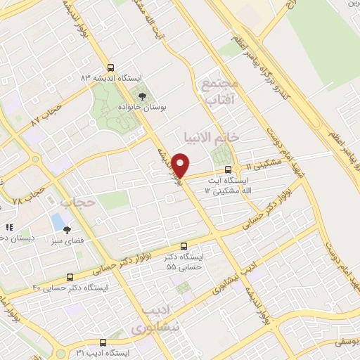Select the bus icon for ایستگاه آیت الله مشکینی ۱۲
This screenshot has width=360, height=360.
[x=228, y=169]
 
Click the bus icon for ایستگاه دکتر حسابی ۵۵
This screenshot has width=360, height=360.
[x=184, y=247]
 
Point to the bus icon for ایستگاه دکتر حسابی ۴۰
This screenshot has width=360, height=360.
[x=69, y=278]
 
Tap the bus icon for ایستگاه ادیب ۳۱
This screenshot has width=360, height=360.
[x=103, y=342]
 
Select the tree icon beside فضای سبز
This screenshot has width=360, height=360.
[x=67, y=229]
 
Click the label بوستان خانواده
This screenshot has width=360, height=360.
[x=143, y=109]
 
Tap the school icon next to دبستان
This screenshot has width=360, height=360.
[x=9, y=227]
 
